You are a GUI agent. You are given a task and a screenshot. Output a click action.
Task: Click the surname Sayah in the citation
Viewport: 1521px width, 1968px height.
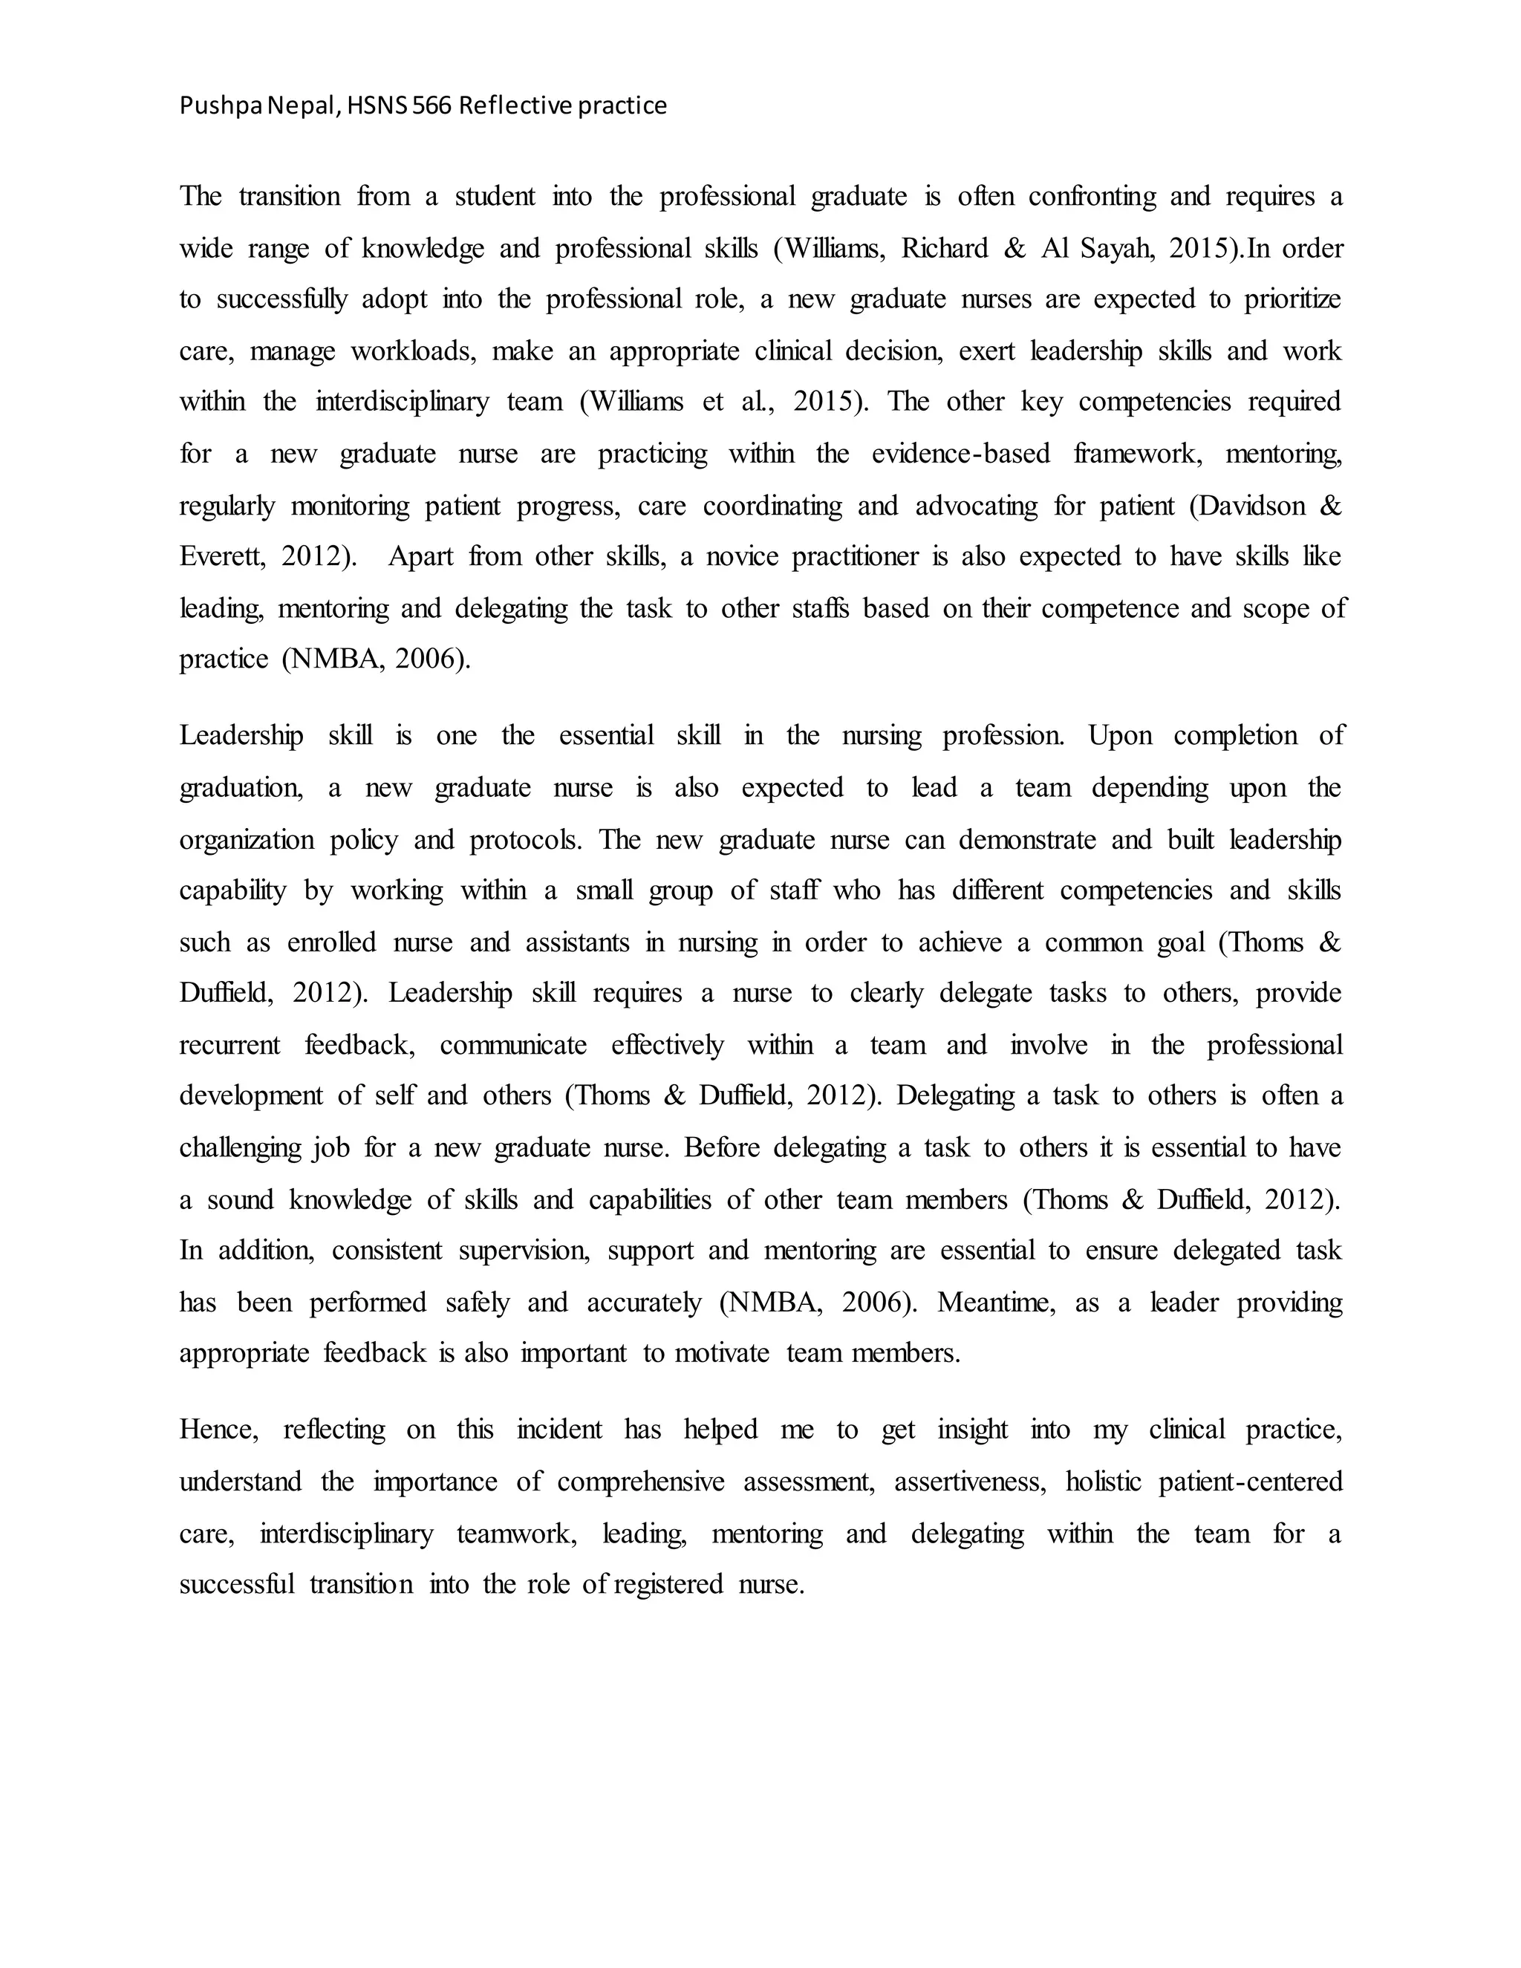click(1115, 249)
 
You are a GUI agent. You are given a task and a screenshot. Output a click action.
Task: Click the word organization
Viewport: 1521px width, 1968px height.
click(246, 841)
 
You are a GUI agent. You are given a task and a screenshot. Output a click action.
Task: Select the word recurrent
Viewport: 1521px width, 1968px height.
click(229, 1046)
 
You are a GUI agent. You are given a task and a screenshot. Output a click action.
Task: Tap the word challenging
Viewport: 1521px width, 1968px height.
click(240, 1148)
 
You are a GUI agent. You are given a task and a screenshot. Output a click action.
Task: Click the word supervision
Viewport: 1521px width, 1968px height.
click(524, 1251)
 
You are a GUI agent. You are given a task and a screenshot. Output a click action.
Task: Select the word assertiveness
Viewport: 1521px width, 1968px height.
click(969, 1482)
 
